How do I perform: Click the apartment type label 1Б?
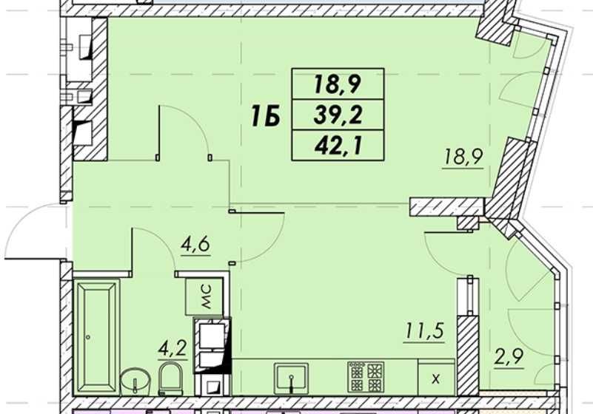click(x=265, y=116)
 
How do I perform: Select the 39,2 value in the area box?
click(x=338, y=115)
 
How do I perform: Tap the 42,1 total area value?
click(x=338, y=146)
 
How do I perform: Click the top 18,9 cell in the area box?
click(x=338, y=84)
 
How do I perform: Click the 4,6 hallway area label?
click(x=195, y=245)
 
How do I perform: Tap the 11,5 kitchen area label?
click(x=424, y=331)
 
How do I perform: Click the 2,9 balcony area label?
click(x=509, y=356)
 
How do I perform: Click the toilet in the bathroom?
click(x=171, y=379)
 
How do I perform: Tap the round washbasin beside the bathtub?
click(x=135, y=381)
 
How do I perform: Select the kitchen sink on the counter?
click(x=291, y=379)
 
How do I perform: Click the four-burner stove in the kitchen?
click(x=366, y=376)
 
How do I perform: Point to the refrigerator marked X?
click(x=436, y=377)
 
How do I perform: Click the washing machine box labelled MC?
click(x=204, y=297)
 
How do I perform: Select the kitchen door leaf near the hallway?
click(x=256, y=213)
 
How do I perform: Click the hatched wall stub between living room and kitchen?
click(x=447, y=208)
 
